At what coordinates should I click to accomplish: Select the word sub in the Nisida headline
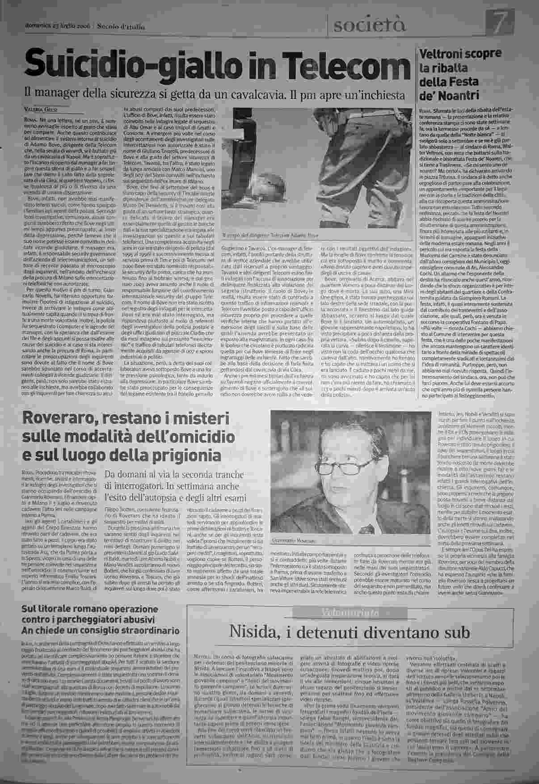click(457, 632)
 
